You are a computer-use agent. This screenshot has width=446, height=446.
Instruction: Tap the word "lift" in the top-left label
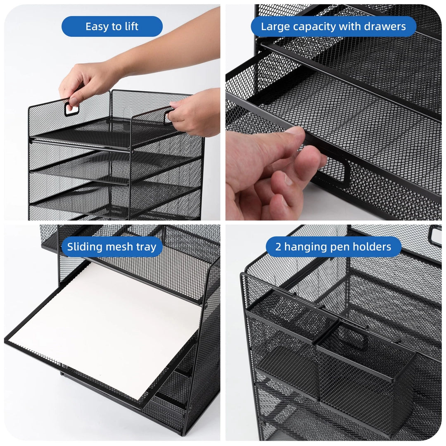131,26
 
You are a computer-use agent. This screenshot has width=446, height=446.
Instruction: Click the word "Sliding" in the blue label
85,247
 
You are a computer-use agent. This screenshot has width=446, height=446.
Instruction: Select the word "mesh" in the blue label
119,247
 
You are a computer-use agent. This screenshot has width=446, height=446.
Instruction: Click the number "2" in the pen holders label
278,247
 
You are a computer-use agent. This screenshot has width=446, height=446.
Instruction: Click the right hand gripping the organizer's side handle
193,112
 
